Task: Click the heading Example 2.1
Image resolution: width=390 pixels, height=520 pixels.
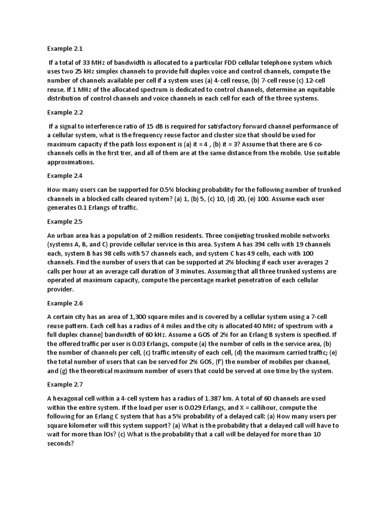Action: pos(64,49)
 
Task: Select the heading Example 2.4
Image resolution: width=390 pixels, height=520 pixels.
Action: pos(64,176)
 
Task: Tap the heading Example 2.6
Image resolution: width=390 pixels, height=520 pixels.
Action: pos(64,303)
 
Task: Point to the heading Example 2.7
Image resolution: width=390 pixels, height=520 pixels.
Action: pos(64,385)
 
